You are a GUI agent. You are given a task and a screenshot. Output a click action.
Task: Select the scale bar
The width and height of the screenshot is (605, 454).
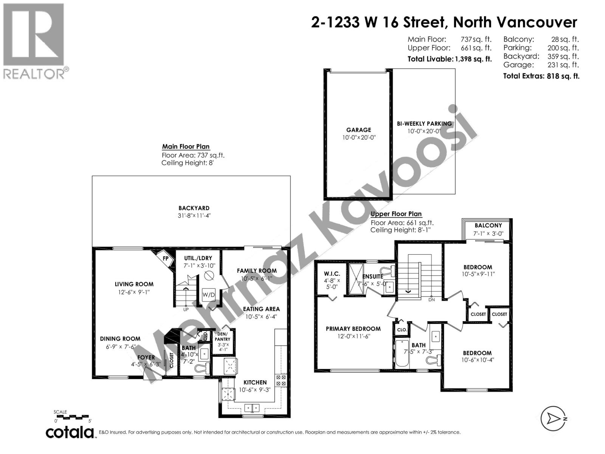coord(73,417)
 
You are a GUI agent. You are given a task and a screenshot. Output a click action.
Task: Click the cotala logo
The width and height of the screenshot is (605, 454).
coord(70,432)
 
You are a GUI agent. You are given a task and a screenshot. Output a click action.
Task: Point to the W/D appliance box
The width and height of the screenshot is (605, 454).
coord(209,294)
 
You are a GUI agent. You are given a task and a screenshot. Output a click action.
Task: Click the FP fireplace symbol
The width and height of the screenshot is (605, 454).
coord(166,258)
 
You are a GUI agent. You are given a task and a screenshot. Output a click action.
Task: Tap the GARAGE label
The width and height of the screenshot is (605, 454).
coord(358,130)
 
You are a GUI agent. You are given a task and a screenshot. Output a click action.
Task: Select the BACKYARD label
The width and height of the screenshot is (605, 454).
coord(194,208)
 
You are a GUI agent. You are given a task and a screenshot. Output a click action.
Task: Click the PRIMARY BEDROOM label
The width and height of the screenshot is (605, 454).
coord(353,329)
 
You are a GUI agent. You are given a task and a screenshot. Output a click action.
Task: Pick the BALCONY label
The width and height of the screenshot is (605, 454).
coord(488,225)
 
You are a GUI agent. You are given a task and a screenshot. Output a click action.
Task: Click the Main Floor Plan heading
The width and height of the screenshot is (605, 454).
coord(186,147)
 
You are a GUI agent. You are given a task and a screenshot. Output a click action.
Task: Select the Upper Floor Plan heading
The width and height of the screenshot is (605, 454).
coord(396,214)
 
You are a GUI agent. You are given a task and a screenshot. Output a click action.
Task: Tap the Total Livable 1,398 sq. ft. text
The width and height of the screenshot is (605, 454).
coord(450,59)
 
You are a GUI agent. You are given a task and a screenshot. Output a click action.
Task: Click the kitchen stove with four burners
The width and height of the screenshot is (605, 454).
coord(281,380)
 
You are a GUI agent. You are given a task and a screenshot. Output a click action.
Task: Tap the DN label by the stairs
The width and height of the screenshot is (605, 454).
coord(431,300)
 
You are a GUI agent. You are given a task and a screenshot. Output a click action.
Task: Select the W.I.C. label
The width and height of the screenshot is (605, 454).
coord(332,274)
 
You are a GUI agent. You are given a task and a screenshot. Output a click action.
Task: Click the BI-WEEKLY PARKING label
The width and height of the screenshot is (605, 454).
coord(424,124)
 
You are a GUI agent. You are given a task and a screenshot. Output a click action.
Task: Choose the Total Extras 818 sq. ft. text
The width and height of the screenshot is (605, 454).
coord(541,76)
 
